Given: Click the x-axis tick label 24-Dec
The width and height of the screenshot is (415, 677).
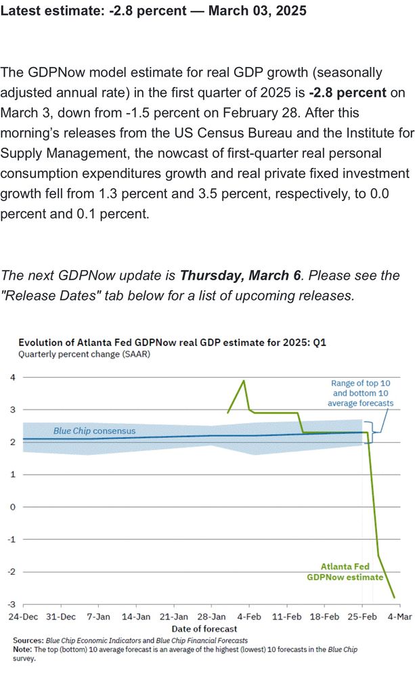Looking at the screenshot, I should click(x=23, y=617).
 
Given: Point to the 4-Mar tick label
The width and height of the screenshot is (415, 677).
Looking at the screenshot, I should click(x=399, y=617).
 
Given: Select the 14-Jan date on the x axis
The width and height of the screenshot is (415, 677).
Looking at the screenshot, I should click(x=136, y=617).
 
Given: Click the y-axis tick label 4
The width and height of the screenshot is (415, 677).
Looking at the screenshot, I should click(x=12, y=377).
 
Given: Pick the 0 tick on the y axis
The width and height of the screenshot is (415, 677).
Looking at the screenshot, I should click(x=12, y=507).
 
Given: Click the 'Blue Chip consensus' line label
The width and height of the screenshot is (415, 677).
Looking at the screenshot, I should click(x=95, y=431).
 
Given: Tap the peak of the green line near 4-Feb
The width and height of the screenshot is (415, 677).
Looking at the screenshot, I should click(x=244, y=380).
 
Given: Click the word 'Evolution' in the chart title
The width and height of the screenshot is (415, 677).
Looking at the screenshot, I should click(x=40, y=342).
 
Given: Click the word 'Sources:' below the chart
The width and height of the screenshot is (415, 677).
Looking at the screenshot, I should click(x=29, y=640).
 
